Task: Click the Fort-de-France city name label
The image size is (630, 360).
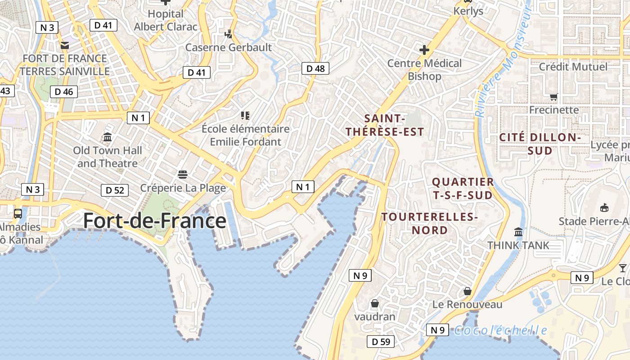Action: point(155,221)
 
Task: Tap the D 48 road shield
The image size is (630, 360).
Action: point(315,68)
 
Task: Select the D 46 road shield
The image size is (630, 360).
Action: point(64,92)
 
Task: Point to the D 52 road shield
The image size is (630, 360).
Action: point(115,190)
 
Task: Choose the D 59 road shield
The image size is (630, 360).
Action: point(381,342)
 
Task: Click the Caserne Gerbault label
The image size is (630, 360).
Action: point(229,47)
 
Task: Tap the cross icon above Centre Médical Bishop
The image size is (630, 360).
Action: point(424,50)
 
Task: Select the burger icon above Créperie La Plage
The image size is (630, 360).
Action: point(183,174)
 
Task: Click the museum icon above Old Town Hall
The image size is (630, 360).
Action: point(108,137)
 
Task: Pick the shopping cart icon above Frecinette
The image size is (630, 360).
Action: point(554,97)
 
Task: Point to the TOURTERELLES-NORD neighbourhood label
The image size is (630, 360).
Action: point(430,224)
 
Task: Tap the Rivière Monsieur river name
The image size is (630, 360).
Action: point(503,63)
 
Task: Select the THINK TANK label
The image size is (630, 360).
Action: point(518,245)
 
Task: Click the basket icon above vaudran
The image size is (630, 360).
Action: point(374,304)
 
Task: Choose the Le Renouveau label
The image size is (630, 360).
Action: point(468,305)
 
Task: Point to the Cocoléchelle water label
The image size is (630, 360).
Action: point(500,331)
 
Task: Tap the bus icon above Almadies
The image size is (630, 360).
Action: point(18,214)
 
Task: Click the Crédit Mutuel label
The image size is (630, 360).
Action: point(573,67)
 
